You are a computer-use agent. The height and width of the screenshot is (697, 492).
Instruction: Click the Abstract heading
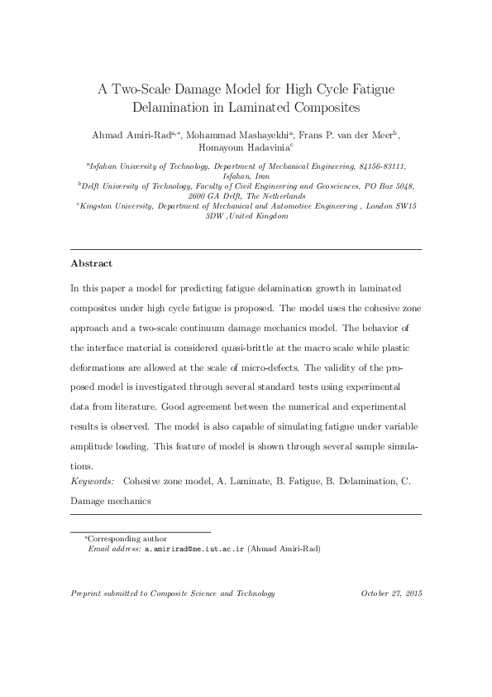tap(91, 262)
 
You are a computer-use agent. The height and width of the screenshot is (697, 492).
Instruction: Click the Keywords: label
tap(93, 480)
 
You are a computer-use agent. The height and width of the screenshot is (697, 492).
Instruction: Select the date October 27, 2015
tap(391, 594)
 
